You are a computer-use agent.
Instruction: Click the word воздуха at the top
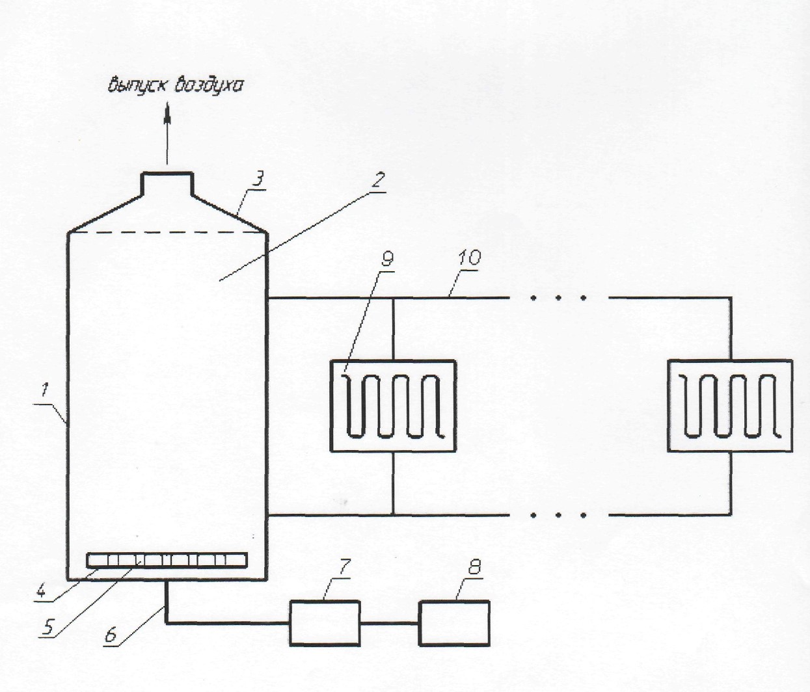coord(208,85)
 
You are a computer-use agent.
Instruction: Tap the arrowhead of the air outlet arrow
coord(167,112)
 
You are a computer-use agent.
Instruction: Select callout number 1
coord(45,391)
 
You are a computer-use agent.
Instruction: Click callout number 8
coord(474,568)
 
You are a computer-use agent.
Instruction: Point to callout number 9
coord(387,258)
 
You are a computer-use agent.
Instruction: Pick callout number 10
coord(468,258)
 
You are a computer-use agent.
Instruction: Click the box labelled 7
coord(325,622)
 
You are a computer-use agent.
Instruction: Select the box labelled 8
coord(454,622)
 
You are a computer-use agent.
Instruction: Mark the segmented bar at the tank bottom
coord(167,561)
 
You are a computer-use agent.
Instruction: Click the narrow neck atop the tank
coord(167,183)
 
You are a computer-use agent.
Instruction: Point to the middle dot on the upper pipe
coord(558,298)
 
